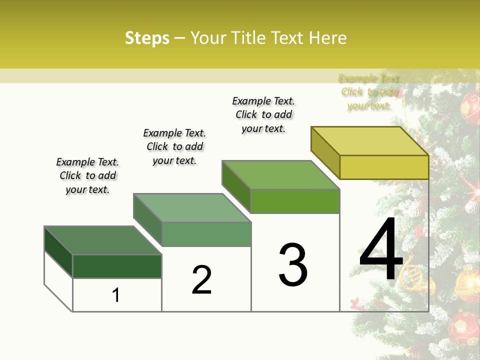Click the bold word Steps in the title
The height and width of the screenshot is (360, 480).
147,38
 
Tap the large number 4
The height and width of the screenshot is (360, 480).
381,250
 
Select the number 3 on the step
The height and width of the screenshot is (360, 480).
293,265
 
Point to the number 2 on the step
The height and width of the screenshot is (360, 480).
202,280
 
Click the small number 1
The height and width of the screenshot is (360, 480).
116,295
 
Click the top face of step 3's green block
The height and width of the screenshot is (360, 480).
280,175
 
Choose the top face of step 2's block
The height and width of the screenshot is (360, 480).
191,207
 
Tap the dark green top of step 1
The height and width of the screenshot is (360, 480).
102,240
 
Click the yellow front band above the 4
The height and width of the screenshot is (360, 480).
384,167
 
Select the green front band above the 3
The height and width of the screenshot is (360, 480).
295,201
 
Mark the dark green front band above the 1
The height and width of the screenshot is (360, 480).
117,266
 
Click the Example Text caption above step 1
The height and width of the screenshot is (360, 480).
87,175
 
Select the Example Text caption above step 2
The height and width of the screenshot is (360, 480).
174,146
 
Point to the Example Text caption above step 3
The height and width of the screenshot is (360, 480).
263,114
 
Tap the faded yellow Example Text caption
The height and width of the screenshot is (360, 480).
369,91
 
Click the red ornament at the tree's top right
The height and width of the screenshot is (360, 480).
470,106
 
